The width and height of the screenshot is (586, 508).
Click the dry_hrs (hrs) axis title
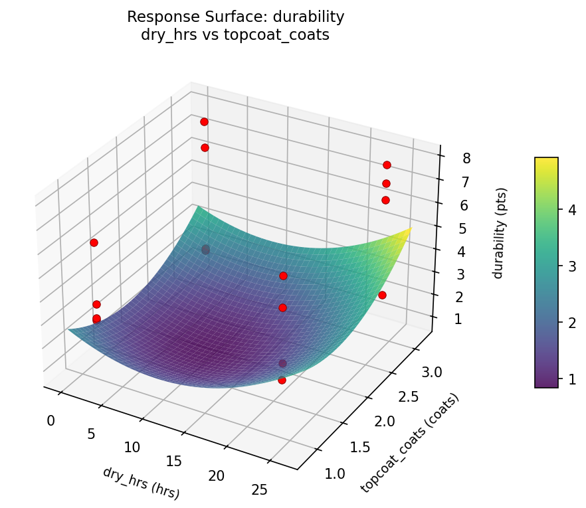pyautogui.click(x=141, y=483)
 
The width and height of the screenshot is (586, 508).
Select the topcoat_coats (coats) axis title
pyautogui.click(x=409, y=443)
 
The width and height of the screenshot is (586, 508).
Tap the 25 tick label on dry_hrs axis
pyautogui.click(x=259, y=489)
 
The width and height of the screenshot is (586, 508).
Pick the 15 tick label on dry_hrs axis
pyautogui.click(x=173, y=461)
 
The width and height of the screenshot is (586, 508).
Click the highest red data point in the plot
pyautogui.click(x=204, y=122)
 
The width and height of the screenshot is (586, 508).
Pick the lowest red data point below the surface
pyautogui.click(x=282, y=380)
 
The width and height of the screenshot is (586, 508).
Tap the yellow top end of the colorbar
pyautogui.click(x=546, y=160)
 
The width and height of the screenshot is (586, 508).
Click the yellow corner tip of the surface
pyautogui.click(x=411, y=229)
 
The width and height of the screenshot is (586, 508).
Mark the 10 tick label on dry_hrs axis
pyautogui.click(x=132, y=447)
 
